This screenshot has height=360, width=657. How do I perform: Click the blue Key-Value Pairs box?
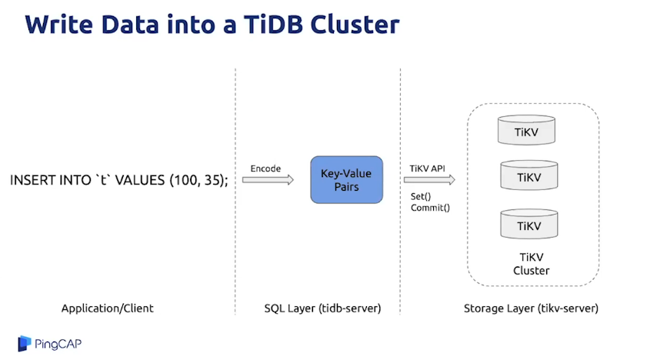[345, 180]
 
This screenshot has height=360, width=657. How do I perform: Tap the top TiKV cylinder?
[528, 130]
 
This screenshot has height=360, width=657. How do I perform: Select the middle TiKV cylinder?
[528, 177]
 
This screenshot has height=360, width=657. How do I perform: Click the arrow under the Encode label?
[268, 180]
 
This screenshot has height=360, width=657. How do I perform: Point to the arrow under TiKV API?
[429, 180]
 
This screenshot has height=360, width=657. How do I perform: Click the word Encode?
[266, 168]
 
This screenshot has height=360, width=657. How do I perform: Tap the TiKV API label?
[428, 168]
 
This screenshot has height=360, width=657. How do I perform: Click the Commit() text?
[430, 208]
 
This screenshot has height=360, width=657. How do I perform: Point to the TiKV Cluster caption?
[531, 264]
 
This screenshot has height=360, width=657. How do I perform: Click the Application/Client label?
[108, 308]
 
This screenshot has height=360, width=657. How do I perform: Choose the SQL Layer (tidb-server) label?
[322, 308]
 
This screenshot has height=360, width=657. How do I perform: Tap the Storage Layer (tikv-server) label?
[531, 308]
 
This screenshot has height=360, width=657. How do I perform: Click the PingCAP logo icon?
[25, 343]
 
